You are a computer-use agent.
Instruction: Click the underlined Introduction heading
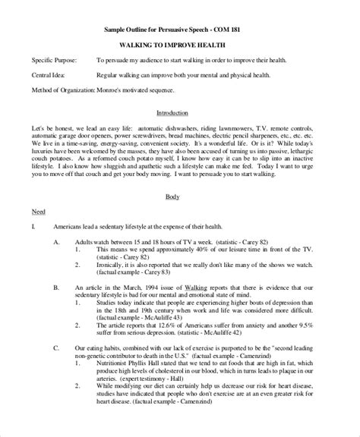coord(180,112)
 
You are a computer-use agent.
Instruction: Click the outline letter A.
coord(55,241)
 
